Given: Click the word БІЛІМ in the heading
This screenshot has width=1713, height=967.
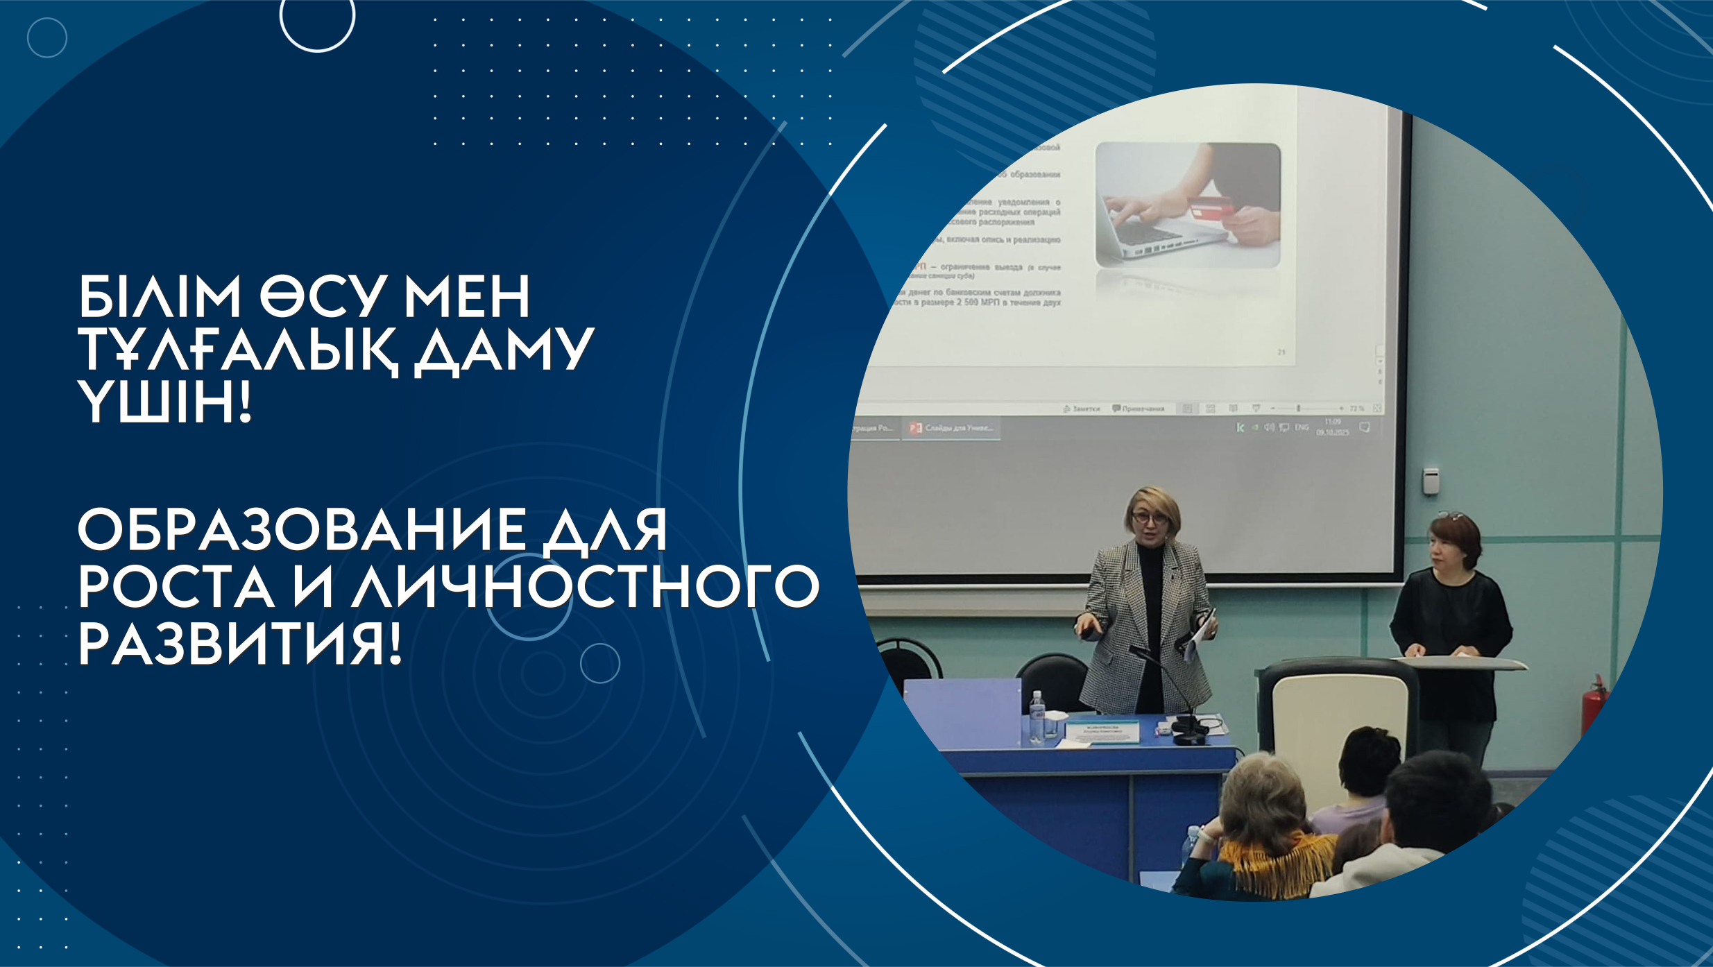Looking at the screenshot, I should (x=160, y=297).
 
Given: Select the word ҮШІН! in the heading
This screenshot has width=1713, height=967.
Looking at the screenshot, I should (x=164, y=403).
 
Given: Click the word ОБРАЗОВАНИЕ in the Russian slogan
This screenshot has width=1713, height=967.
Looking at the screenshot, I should (x=301, y=531).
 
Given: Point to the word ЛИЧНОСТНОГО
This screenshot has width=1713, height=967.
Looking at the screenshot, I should (x=585, y=587).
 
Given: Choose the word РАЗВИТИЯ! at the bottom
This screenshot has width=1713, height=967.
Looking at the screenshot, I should (x=239, y=644).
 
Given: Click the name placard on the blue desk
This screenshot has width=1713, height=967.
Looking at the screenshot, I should (x=1102, y=732).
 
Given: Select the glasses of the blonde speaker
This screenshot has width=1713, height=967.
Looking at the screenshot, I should (x=1149, y=517).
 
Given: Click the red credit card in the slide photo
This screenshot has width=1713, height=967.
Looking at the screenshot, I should (x=1210, y=206).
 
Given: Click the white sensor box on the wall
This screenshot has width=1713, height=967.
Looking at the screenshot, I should (x=1431, y=481).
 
